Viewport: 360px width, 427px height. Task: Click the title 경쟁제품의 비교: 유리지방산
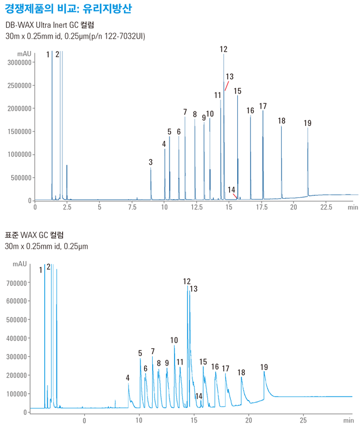[68, 9]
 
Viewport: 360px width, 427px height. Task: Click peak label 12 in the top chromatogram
[223, 49]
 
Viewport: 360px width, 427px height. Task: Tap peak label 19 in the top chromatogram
[307, 123]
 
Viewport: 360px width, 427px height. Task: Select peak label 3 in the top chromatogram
[151, 162]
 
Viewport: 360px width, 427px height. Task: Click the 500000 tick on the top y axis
[21, 178]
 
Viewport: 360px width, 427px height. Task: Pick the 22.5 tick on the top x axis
[326, 207]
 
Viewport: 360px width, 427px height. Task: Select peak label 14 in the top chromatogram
[232, 189]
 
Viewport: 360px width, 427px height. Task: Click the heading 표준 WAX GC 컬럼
[33, 236]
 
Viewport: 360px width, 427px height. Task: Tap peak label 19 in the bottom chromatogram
[264, 367]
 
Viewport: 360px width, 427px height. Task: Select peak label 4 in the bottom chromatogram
[127, 377]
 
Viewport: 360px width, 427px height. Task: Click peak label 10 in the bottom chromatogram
[174, 340]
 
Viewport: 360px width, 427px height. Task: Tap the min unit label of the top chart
[353, 207]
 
